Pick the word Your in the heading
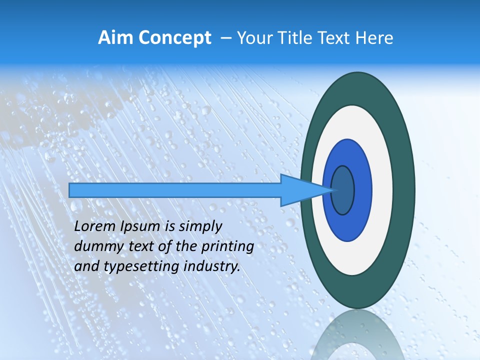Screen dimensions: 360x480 [x=254, y=38]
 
